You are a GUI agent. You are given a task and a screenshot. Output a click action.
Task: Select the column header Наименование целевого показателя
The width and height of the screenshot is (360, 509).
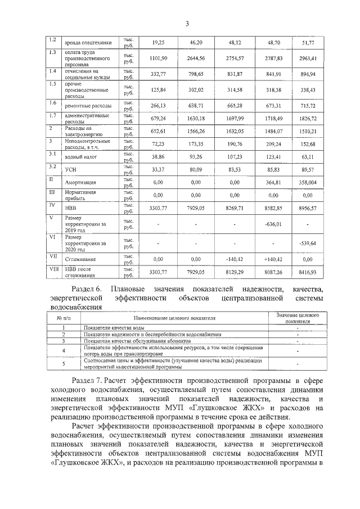coord(174,318)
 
